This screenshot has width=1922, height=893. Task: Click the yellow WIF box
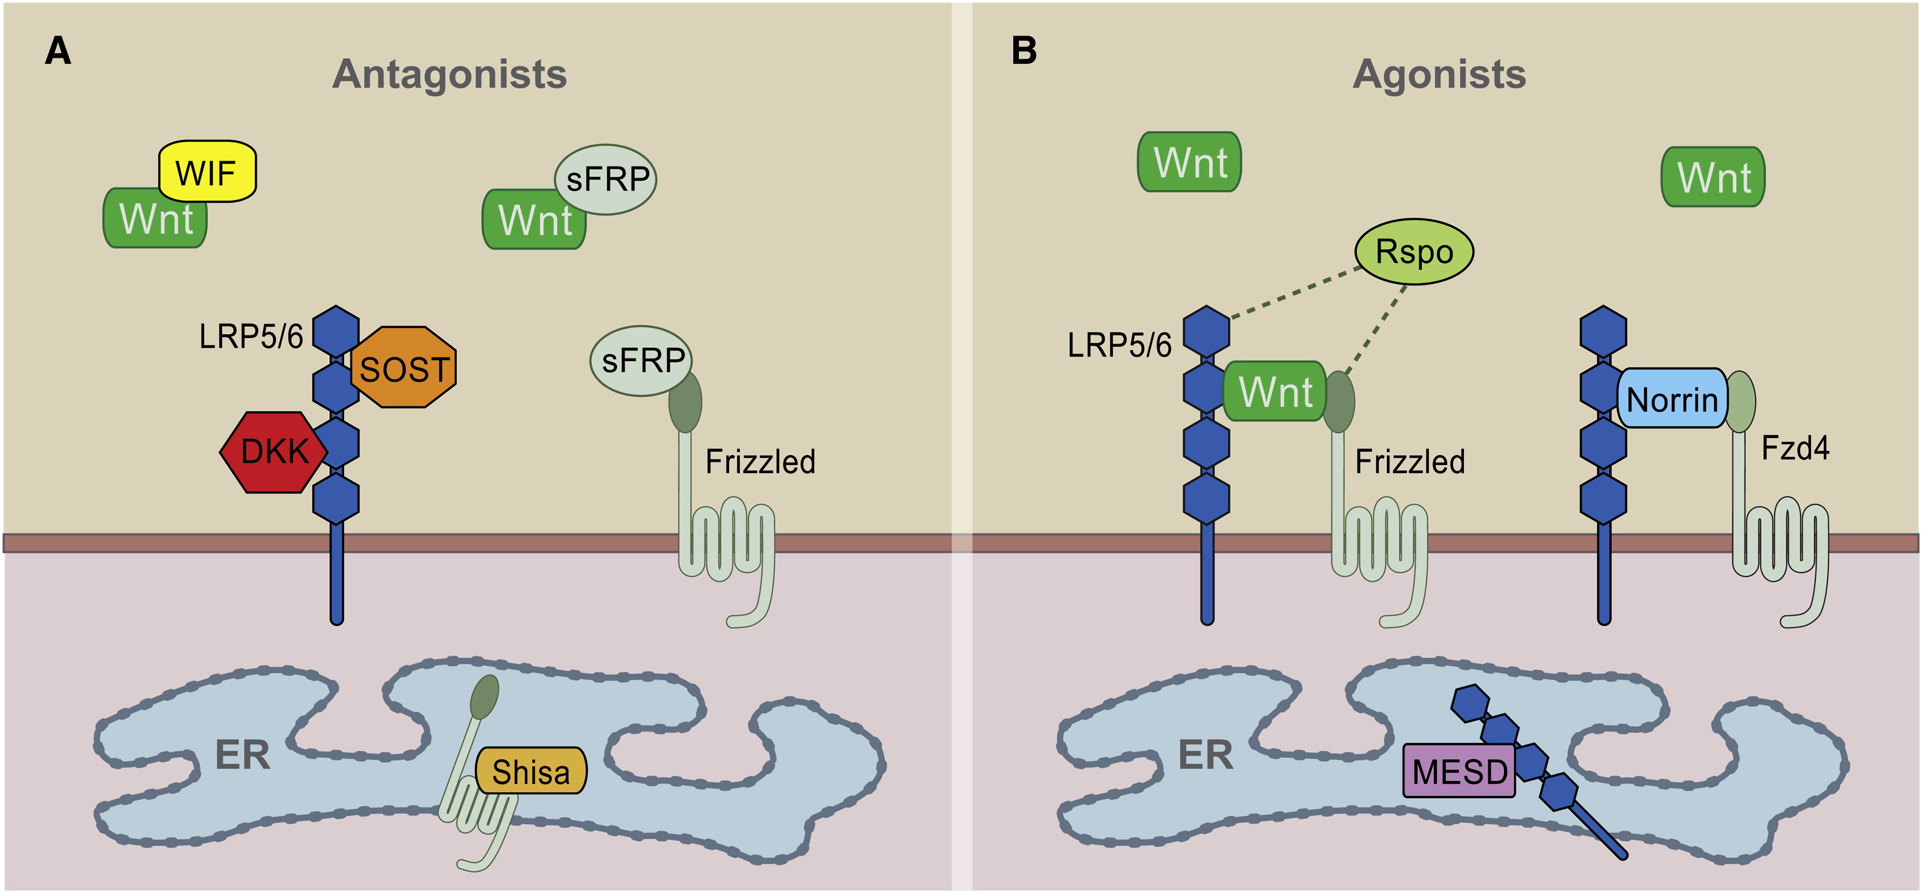(x=207, y=171)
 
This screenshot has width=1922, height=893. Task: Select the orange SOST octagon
(x=404, y=368)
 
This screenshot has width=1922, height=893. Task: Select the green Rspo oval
(x=1414, y=252)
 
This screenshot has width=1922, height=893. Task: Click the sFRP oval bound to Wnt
(x=606, y=179)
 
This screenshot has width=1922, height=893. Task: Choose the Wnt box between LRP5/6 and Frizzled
(x=1274, y=392)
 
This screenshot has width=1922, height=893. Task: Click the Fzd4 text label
(x=1794, y=448)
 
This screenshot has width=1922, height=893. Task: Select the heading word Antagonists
(x=449, y=74)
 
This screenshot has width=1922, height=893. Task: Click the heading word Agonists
(x=1439, y=74)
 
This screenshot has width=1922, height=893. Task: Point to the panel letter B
(x=1024, y=51)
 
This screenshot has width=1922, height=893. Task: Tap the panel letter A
(x=58, y=51)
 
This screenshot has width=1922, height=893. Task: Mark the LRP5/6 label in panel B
(x=1119, y=345)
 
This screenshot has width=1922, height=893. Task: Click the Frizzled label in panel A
(x=760, y=462)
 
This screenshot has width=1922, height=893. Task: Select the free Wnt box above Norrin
(x=1713, y=178)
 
